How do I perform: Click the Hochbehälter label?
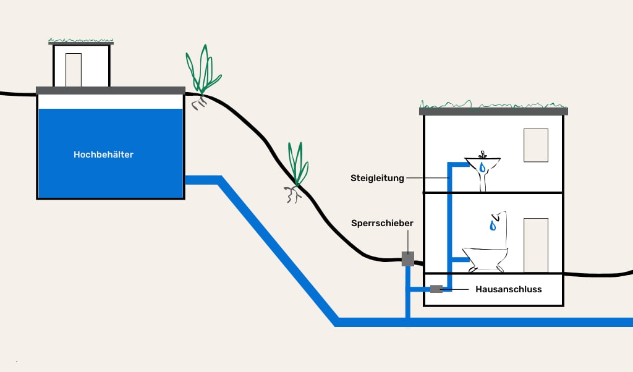pos(103,154)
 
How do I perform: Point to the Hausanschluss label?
pos(508,289)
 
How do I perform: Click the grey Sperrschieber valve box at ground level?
pos(407,259)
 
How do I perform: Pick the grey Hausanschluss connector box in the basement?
pos(436,289)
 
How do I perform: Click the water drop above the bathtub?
pos(493,226)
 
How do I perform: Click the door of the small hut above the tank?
pos(74,69)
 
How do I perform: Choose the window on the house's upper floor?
pos(535,145)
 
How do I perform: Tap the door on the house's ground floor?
pos(535,245)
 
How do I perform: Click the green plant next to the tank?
pos(203,72)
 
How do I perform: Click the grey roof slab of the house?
pos(493,111)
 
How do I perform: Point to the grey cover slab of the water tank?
pos(111,90)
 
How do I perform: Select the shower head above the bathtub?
pos(499,216)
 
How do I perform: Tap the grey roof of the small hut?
pos(81,43)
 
